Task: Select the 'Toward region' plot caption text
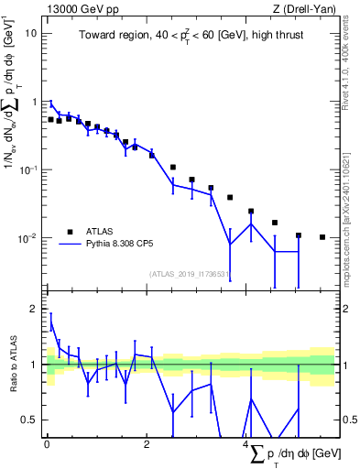click(x=191, y=35)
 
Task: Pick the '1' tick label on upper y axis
click(x=35, y=102)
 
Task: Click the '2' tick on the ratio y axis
click(x=35, y=309)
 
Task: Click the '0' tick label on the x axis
click(x=47, y=444)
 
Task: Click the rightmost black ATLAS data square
click(x=322, y=237)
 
